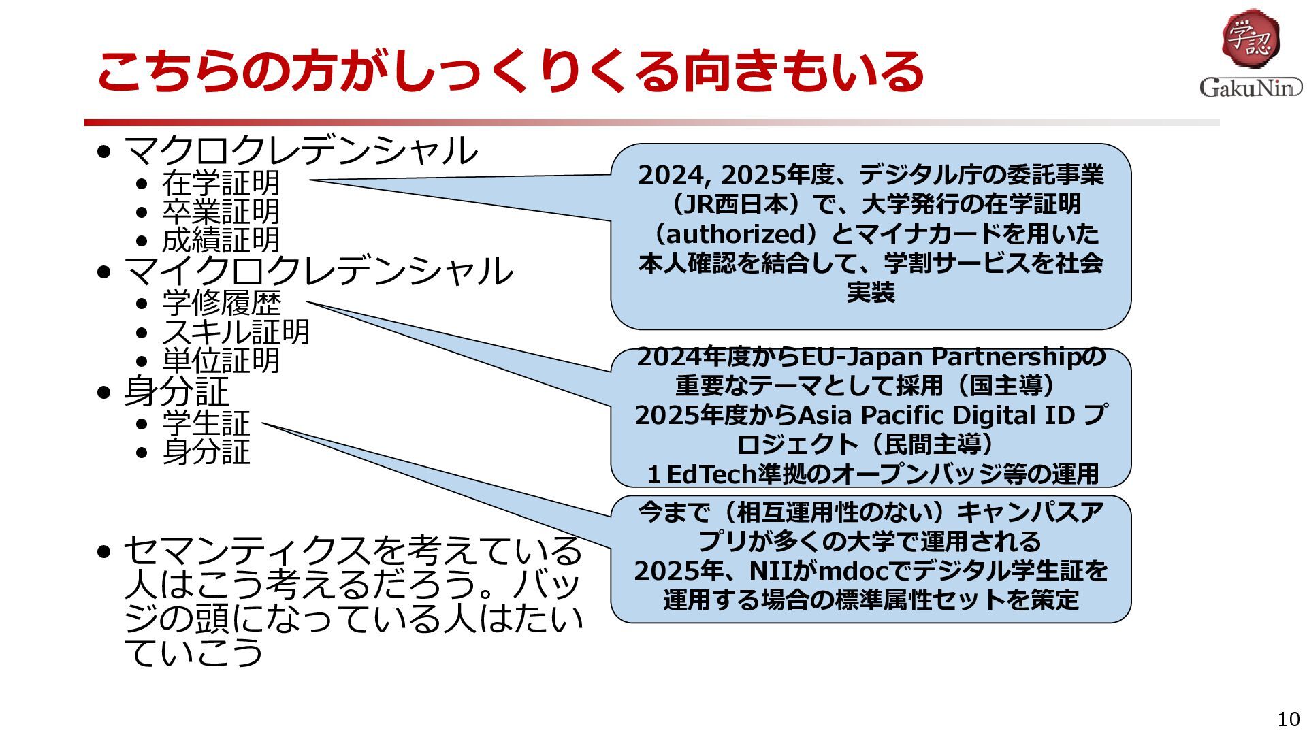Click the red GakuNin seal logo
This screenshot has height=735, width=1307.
[x=1250, y=39]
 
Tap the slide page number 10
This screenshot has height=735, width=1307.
[x=1289, y=719]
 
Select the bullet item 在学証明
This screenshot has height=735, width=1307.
[x=221, y=182]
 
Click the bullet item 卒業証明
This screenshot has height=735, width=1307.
[x=221, y=211]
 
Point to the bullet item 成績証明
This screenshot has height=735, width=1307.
[x=221, y=240]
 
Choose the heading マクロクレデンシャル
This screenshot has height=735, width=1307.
[x=301, y=150]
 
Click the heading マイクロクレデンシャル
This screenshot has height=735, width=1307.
[x=319, y=270]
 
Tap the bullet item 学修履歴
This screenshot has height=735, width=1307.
[x=221, y=303]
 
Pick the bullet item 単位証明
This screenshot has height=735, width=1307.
[x=221, y=360]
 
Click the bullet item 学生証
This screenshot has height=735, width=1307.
[x=206, y=423]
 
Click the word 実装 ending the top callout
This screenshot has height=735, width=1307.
[x=871, y=292]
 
